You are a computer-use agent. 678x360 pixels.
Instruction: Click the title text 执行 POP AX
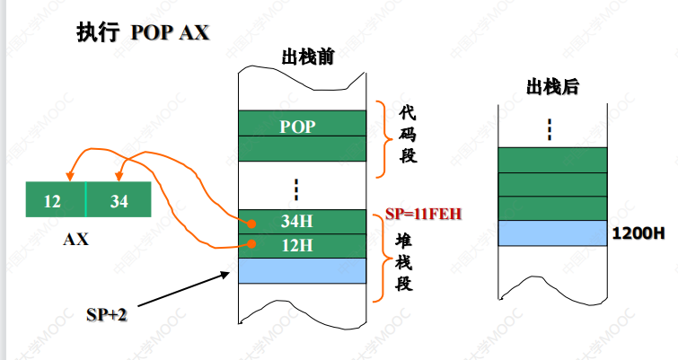(143, 32)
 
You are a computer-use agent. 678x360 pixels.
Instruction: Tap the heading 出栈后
(551, 87)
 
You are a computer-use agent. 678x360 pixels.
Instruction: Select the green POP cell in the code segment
(302, 125)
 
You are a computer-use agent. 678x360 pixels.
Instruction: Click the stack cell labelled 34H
(304, 222)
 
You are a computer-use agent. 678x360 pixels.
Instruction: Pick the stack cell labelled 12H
(304, 245)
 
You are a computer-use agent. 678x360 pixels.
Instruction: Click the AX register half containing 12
(55, 201)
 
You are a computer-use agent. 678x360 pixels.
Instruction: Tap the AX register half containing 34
(119, 201)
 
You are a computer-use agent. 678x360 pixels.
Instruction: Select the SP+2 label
(107, 313)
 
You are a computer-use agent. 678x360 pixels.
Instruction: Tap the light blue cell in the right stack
(551, 233)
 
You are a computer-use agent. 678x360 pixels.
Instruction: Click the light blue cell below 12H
(304, 270)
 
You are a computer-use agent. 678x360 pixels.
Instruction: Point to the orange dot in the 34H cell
(252, 222)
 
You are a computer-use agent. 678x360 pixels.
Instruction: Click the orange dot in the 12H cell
(252, 244)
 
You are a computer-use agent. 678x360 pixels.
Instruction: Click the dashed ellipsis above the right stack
(550, 129)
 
